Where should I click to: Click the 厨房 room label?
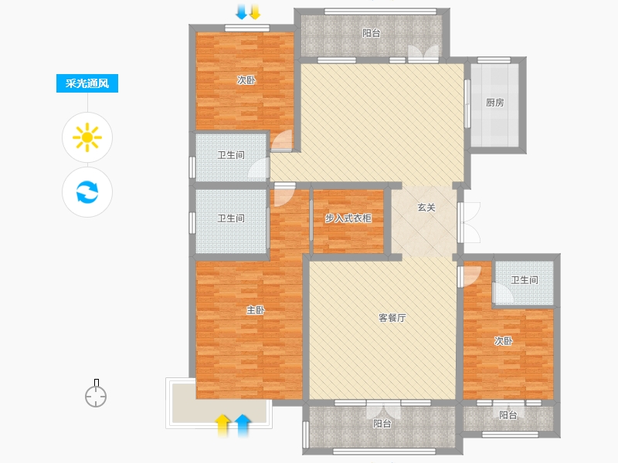click(495, 103)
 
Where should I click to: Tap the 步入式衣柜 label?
click(348, 218)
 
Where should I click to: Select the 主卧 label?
click(256, 310)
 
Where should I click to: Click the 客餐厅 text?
click(392, 318)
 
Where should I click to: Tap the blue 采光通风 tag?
click(87, 84)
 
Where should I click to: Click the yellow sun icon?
click(87, 137)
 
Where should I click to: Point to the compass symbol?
click(96, 395)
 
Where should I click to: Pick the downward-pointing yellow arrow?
click(254, 12)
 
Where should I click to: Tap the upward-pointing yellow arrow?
click(223, 422)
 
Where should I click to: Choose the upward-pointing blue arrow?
click(243, 422)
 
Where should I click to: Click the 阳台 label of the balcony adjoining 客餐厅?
click(382, 424)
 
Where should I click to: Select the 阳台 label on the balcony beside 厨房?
click(372, 33)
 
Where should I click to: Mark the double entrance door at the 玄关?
click(467, 221)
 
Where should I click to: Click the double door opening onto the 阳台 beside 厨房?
click(423, 54)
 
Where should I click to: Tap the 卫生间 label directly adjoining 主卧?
click(231, 218)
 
